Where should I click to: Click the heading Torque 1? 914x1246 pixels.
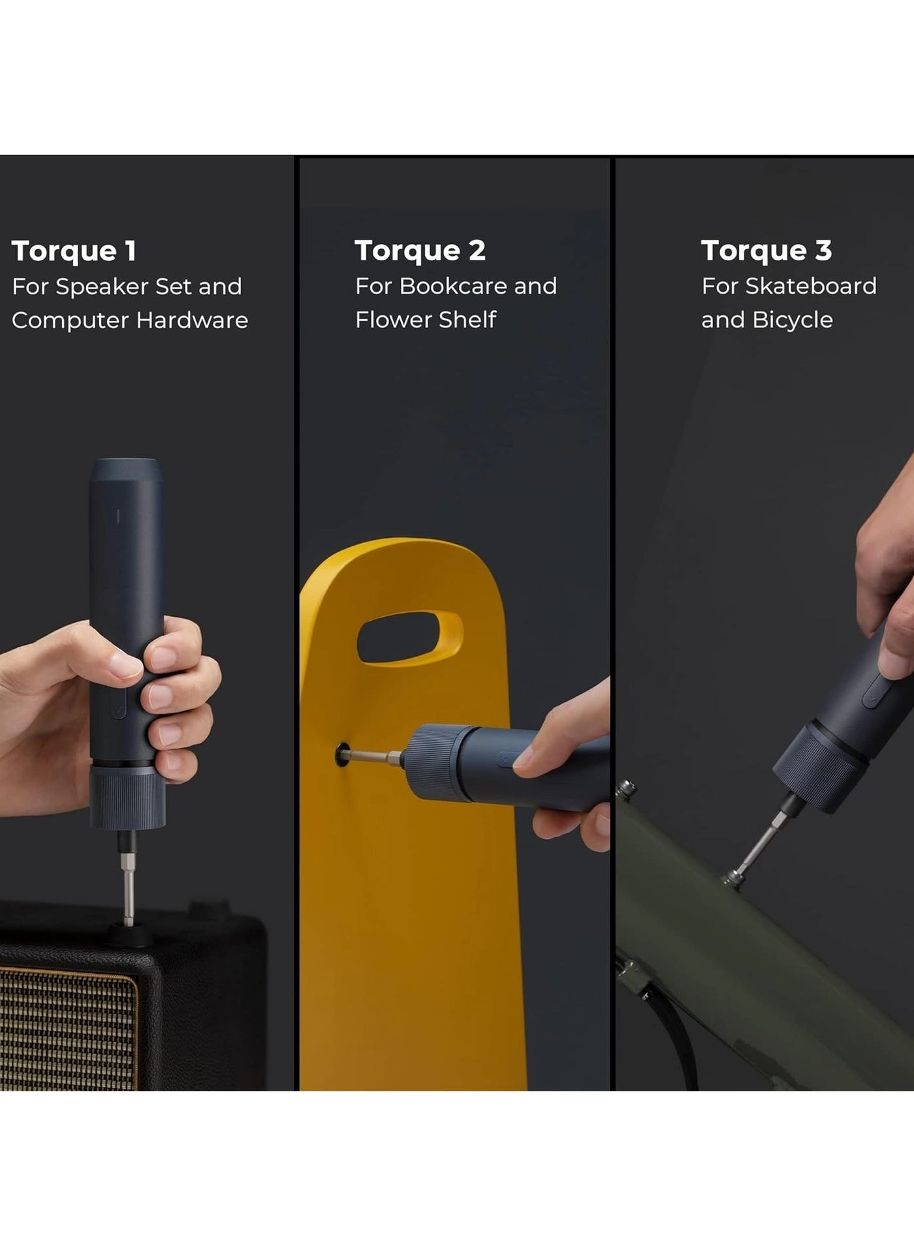tap(74, 251)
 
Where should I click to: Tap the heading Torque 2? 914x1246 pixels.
tap(420, 251)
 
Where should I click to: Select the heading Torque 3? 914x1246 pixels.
tap(766, 251)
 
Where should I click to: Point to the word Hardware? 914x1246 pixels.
tap(192, 320)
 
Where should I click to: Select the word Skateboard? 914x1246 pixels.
tap(810, 287)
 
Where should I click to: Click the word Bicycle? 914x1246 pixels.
tap(792, 320)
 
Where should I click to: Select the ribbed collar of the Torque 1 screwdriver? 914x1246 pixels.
tap(128, 798)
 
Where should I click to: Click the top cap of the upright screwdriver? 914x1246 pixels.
tap(126, 469)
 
